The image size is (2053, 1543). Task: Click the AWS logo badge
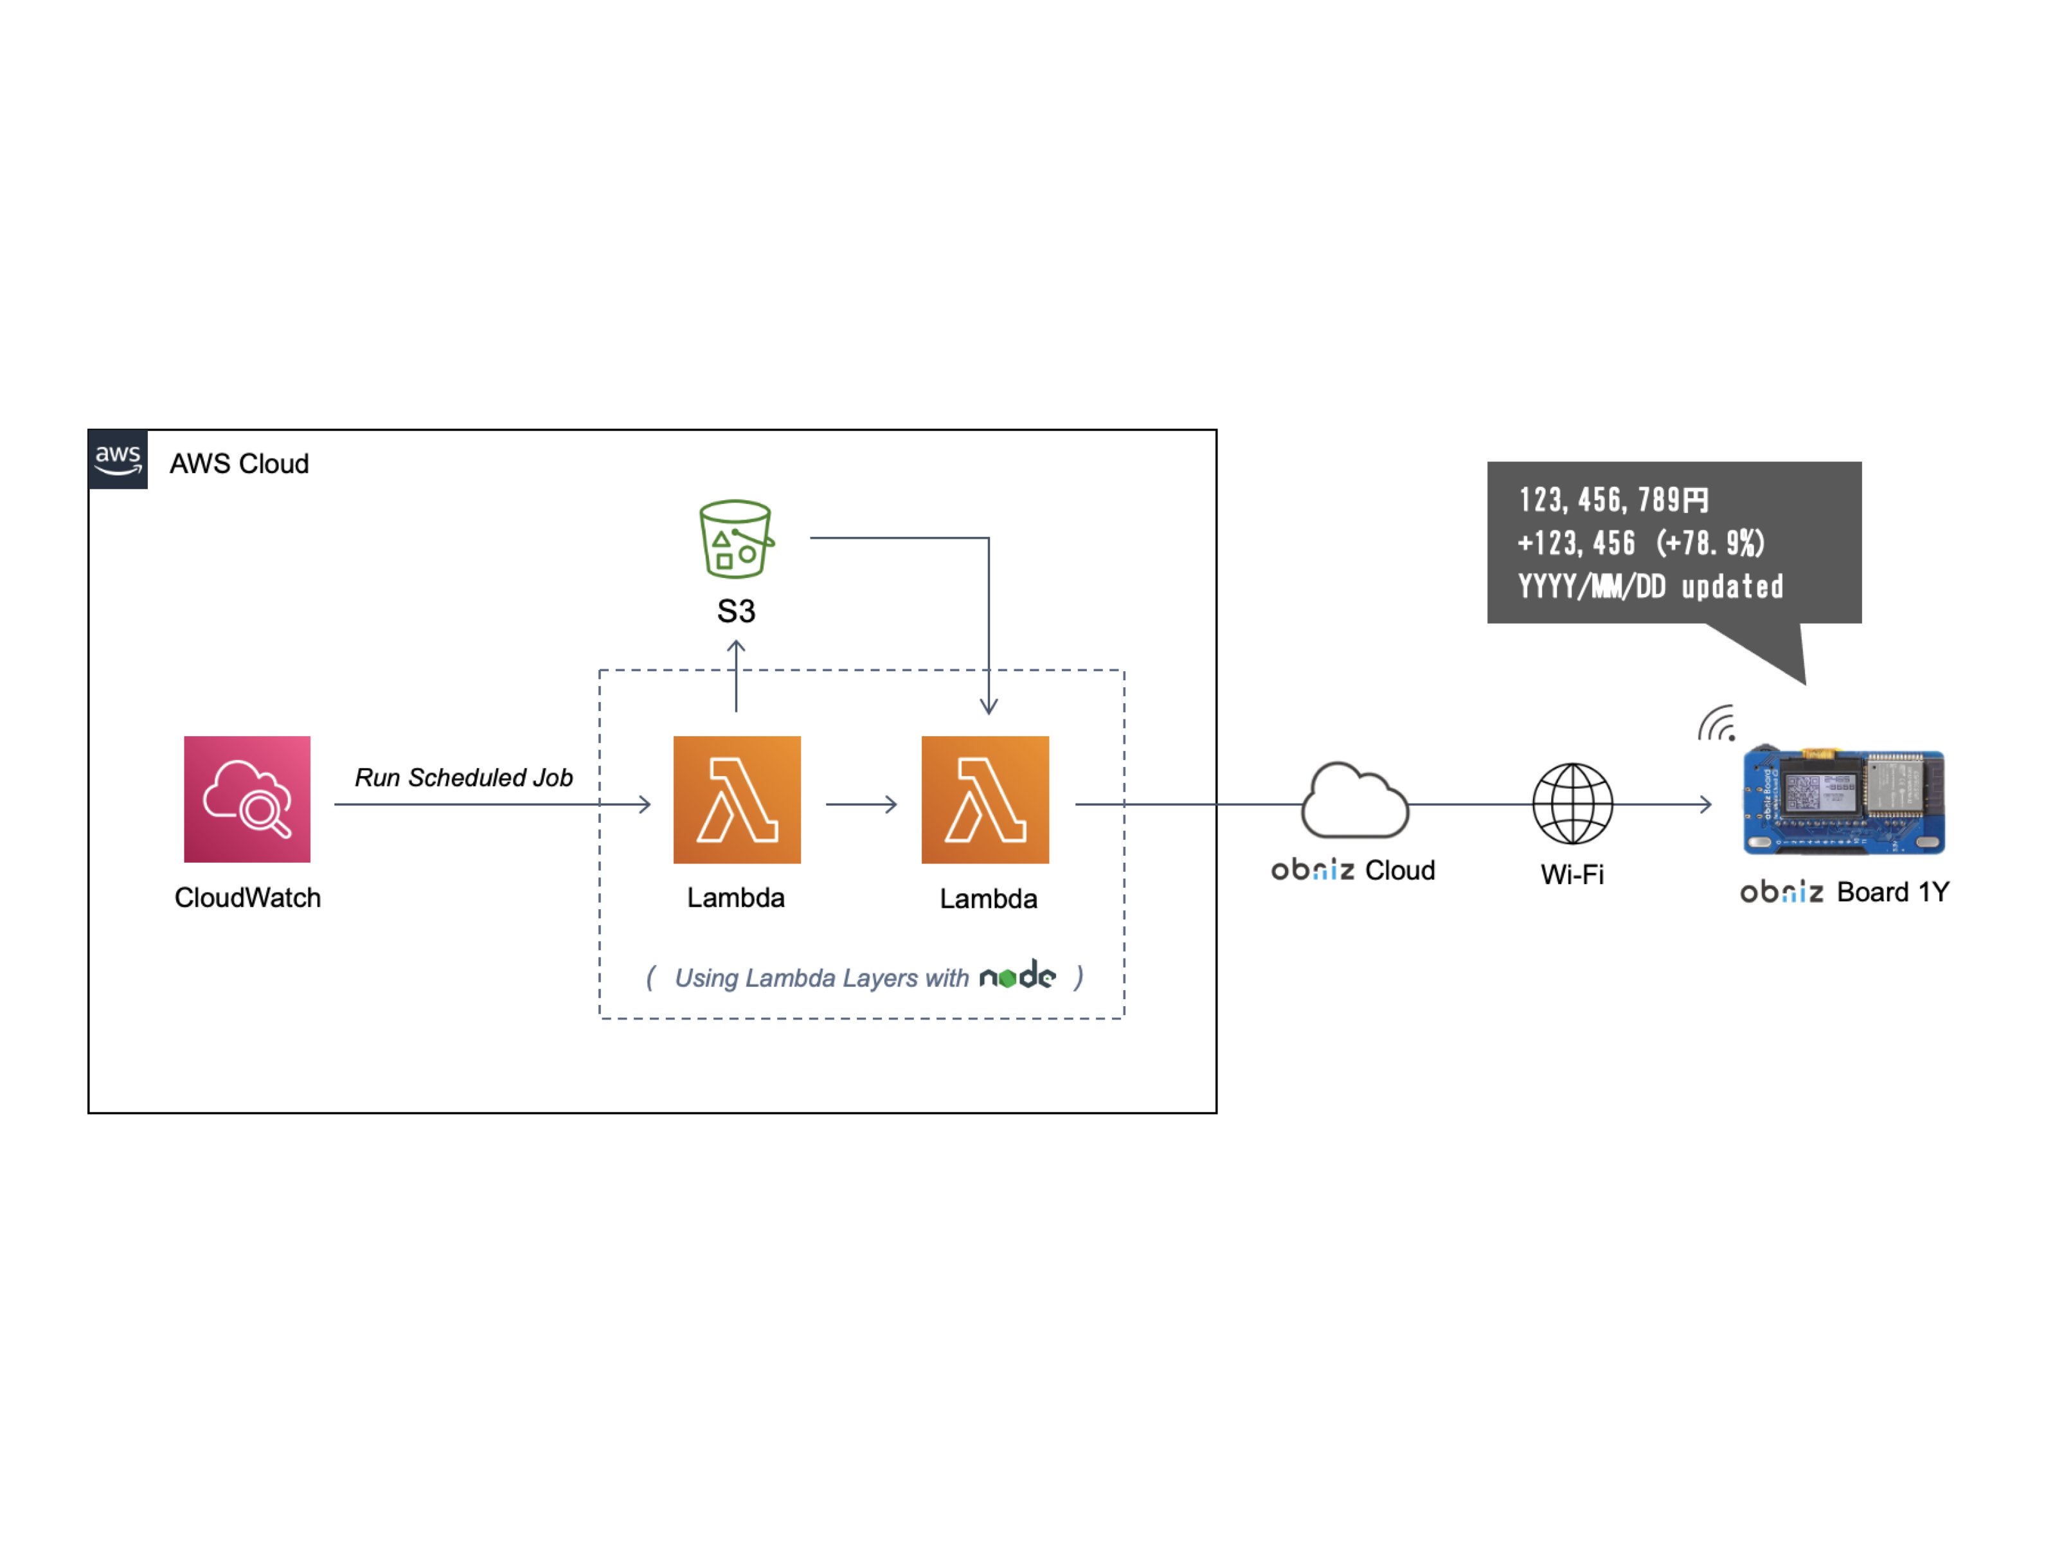tap(118, 458)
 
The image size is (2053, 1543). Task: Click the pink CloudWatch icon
tap(247, 799)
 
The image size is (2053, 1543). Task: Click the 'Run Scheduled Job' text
tap(463, 777)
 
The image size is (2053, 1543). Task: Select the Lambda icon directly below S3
tap(737, 799)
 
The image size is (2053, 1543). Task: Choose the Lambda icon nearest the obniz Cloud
tap(985, 799)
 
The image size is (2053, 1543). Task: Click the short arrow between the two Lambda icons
tap(861, 804)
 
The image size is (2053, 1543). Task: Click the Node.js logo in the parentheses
tap(1018, 976)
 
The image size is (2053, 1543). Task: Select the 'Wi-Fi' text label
tap(1572, 874)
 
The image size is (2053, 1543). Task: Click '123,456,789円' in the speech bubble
tap(1613, 500)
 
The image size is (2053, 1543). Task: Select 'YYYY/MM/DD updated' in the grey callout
tap(1650, 587)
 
